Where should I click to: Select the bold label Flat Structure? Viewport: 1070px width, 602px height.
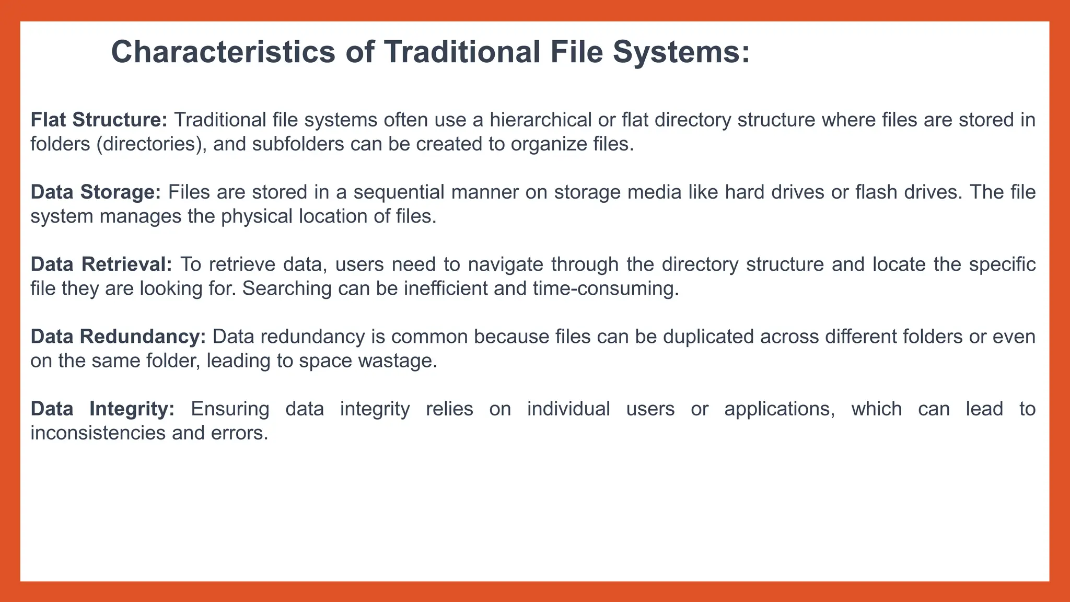coord(99,120)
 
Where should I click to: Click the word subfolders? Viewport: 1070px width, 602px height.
coord(298,144)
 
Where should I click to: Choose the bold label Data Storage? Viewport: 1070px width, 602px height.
coord(96,192)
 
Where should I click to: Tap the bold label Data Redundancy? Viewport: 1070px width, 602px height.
coord(119,337)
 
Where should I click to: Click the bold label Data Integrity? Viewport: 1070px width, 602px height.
coord(102,409)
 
